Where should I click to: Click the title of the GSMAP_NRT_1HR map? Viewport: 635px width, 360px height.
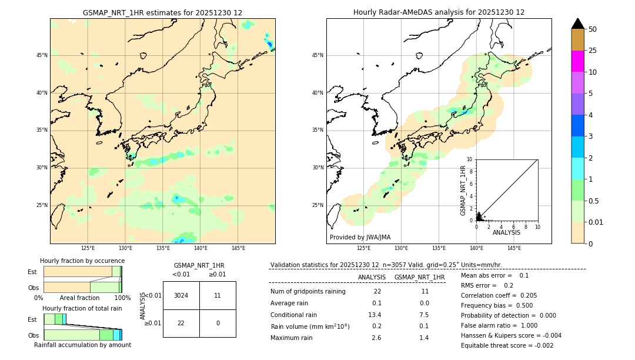[x=162, y=12]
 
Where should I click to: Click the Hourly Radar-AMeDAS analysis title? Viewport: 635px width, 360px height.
[x=439, y=12]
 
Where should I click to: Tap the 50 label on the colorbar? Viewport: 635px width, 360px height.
[x=593, y=29]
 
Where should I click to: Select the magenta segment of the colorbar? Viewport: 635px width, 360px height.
[x=577, y=61]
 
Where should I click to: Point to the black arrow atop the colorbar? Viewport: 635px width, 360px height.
[x=577, y=24]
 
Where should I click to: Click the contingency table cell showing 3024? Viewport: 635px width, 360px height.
[x=181, y=295]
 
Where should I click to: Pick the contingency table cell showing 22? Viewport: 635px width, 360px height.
[x=181, y=324]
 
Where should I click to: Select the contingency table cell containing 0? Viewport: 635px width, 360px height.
[x=218, y=324]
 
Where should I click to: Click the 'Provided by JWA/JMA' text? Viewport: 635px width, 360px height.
[x=360, y=237]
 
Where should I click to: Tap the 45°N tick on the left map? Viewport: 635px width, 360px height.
[x=42, y=55]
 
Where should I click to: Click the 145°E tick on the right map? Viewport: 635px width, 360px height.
[x=514, y=248]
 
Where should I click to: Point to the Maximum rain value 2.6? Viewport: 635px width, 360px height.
[x=376, y=338]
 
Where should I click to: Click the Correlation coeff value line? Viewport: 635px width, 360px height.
[x=499, y=296]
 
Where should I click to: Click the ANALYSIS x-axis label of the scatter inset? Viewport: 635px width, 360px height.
[x=506, y=232]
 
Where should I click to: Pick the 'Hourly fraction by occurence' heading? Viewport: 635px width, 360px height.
[x=82, y=261]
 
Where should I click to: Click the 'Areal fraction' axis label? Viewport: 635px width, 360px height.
[x=79, y=298]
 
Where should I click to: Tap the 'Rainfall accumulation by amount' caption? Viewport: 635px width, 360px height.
[x=82, y=345]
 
